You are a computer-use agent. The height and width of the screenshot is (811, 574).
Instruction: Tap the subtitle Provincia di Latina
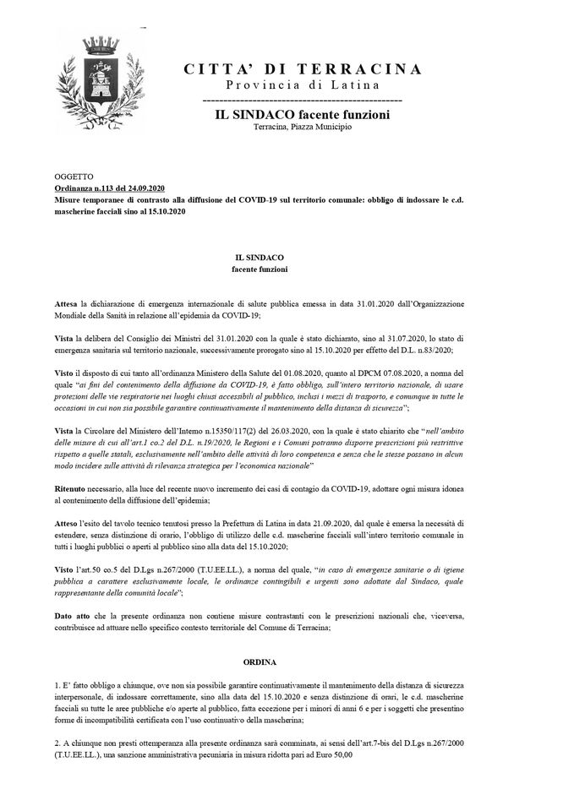pos(302,86)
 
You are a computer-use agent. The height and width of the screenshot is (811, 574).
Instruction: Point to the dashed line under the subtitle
pos(302,101)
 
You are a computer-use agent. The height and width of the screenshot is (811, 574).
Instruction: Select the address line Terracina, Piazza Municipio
pos(302,127)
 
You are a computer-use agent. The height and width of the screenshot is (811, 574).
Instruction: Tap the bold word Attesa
pos(66,302)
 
